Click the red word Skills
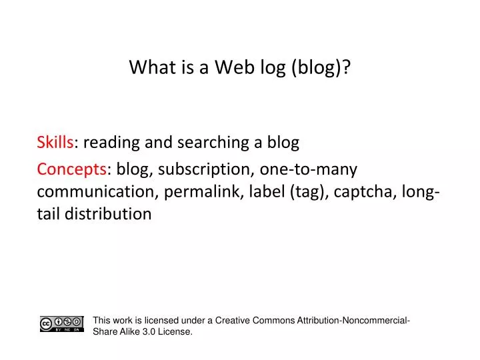click(55, 142)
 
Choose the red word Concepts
click(71, 169)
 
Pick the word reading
click(111, 143)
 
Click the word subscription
click(205, 169)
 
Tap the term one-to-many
click(309, 169)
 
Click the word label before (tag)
click(267, 192)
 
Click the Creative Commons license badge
click(62, 324)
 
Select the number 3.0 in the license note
click(149, 331)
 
